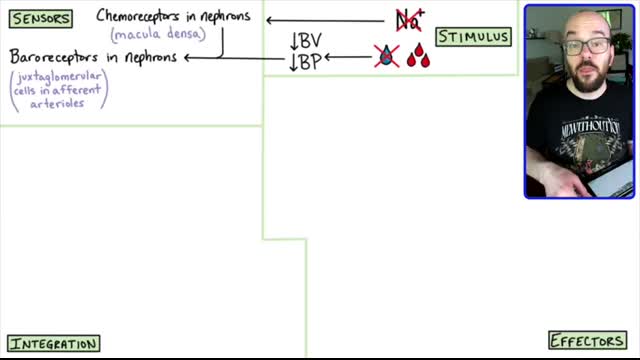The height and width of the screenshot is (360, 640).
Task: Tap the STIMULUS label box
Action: [x=473, y=37]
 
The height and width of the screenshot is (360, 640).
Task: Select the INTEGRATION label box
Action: [x=54, y=344]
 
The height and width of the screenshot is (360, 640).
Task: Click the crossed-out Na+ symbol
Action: [x=408, y=19]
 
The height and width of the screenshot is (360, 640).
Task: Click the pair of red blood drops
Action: [x=418, y=57]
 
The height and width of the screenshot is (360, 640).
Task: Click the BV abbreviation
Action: [x=307, y=41]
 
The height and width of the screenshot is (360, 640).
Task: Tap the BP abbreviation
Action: [x=307, y=61]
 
